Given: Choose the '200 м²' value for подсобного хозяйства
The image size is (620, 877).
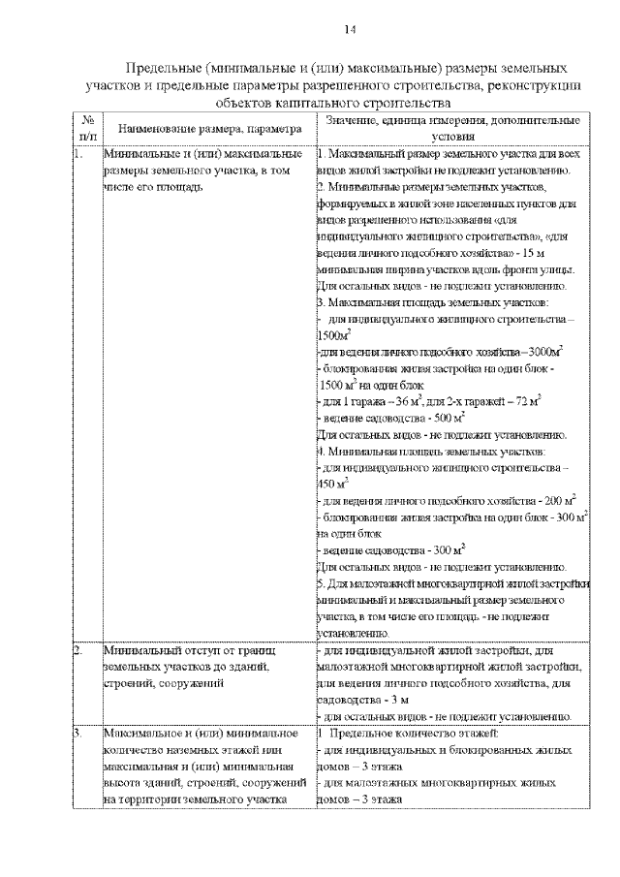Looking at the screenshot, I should click(557, 500).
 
